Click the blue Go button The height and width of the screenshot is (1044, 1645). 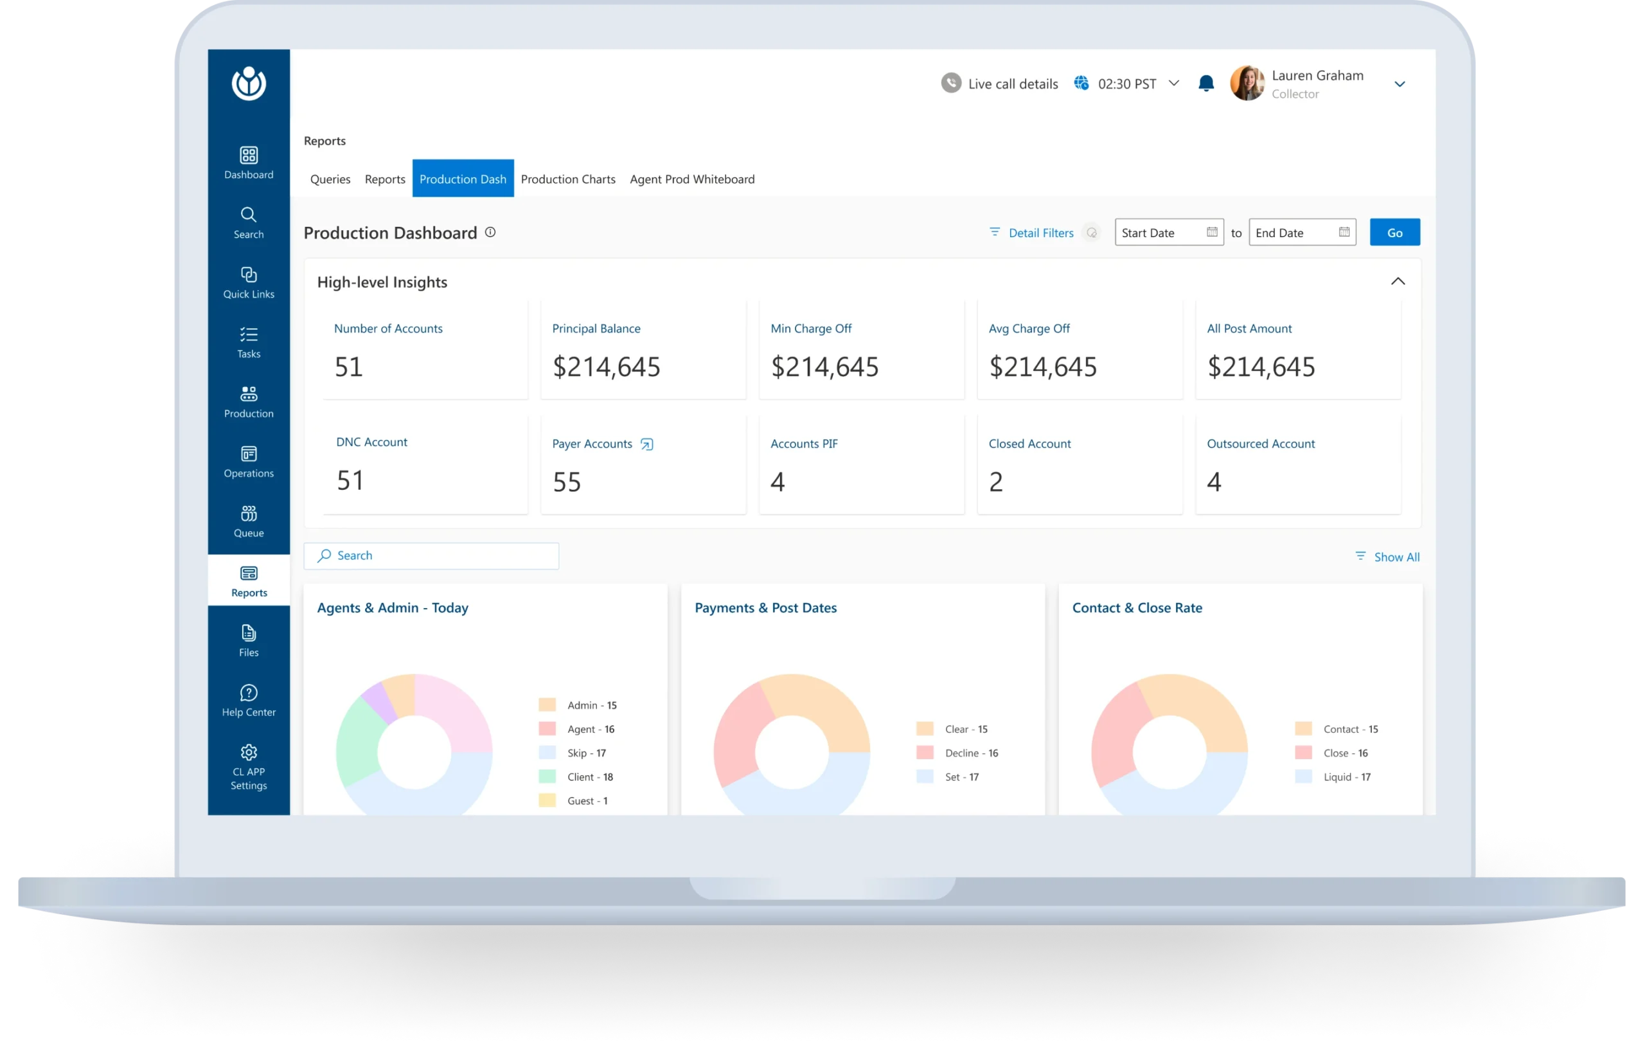[1394, 232]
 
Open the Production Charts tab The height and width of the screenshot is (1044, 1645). [567, 179]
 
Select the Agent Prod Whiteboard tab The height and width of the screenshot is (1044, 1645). [692, 179]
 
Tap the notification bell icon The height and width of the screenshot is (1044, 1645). [1205, 84]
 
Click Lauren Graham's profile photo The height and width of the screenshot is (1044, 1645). [1247, 84]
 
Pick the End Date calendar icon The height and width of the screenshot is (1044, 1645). [1344, 231]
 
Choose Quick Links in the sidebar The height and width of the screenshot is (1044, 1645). [249, 282]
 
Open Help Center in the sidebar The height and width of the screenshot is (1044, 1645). [249, 700]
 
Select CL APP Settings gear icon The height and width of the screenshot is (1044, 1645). [249, 752]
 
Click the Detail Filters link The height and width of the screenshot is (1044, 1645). [1040, 233]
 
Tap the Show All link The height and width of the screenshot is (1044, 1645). [1396, 557]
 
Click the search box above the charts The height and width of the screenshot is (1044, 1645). [431, 555]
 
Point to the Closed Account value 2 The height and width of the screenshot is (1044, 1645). [996, 482]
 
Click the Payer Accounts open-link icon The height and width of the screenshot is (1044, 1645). [646, 444]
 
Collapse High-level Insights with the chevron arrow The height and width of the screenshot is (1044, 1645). [1398, 282]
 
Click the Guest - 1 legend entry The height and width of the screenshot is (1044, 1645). [586, 801]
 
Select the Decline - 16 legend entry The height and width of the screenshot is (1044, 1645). [971, 753]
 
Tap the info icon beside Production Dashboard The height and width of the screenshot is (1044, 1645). [490, 232]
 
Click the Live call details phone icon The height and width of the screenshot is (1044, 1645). [951, 84]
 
